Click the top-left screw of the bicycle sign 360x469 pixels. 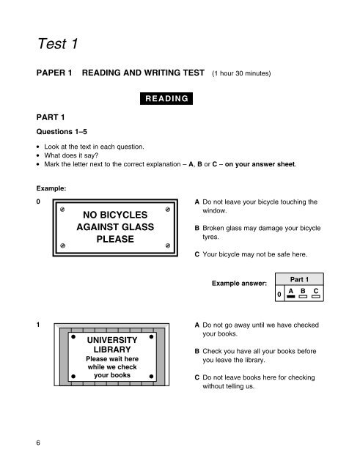(64, 209)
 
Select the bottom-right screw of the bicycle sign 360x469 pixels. (168, 245)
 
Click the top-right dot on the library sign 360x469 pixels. (150, 339)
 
